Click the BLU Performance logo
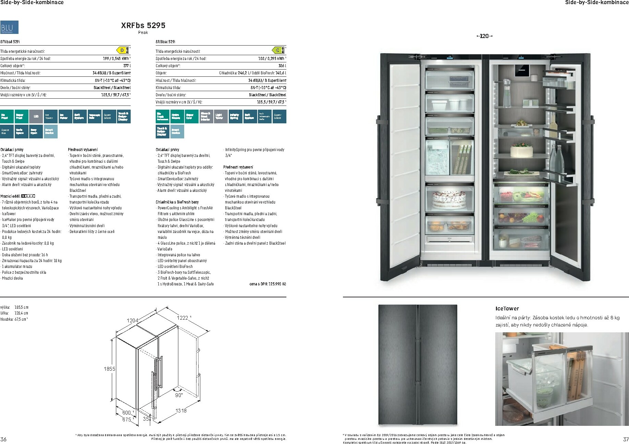[x=9, y=27]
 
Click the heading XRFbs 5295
[x=143, y=25]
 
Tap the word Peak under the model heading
[x=143, y=33]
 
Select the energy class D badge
[x=123, y=51]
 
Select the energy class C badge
[x=278, y=51]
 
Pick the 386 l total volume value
[x=282, y=66]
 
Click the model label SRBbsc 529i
[x=165, y=42]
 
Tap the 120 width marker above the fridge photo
[x=484, y=36]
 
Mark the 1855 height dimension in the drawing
[x=109, y=369]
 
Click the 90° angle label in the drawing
[x=179, y=395]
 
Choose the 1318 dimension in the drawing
[x=181, y=410]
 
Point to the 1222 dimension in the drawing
[x=182, y=318]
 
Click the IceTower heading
[x=507, y=309]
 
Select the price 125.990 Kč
[x=268, y=284]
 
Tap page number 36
[x=3, y=440]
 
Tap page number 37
[x=626, y=440]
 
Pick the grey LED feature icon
[x=36, y=116]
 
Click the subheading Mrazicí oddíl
[x=10, y=196]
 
